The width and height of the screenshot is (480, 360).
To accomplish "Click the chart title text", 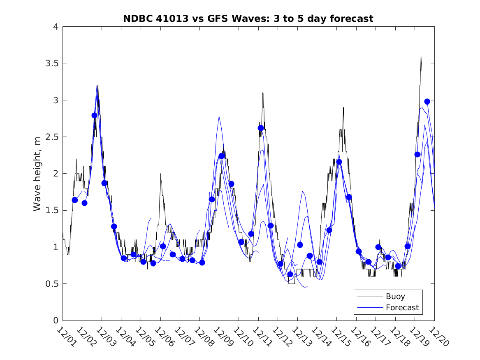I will point(248,19).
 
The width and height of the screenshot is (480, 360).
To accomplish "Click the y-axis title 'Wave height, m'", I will point(37,174).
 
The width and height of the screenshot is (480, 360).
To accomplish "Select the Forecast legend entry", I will point(402,307).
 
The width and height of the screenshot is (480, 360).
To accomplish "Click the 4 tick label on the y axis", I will point(55,27).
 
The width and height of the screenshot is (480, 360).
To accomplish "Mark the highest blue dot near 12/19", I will point(427,102).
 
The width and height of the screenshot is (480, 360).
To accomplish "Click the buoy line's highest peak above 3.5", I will point(421,56).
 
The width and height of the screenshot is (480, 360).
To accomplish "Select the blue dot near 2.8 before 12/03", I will point(94,116).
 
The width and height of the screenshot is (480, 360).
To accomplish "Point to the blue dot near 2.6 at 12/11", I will point(260,128).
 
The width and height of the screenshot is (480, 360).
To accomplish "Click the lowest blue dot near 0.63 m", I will point(290,274).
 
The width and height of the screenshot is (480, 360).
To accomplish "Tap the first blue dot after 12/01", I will point(75,200).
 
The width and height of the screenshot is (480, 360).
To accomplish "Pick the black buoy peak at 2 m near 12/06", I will point(161,174).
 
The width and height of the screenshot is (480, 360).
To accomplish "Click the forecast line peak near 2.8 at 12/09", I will point(219,116).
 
